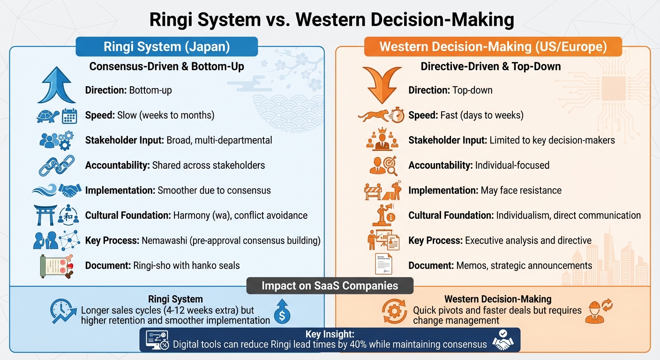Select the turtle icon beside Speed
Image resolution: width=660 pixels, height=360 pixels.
tap(47, 116)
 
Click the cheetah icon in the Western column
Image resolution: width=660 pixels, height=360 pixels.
tap(373, 115)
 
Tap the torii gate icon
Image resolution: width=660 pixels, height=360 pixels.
tap(45, 215)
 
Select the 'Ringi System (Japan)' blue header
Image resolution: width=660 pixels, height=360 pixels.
tap(166, 47)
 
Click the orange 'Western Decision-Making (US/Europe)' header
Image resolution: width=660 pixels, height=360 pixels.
tap(493, 47)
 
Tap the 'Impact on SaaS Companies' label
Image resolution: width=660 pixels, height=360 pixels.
tap(330, 286)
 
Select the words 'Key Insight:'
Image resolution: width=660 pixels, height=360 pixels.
tap(330, 335)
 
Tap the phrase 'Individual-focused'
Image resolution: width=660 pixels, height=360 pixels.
tap(512, 165)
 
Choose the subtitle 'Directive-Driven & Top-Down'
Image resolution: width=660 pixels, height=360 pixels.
tap(491, 66)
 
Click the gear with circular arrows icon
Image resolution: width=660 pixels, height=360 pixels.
tap(394, 311)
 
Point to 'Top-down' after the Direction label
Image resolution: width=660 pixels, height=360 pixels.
tap(472, 90)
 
